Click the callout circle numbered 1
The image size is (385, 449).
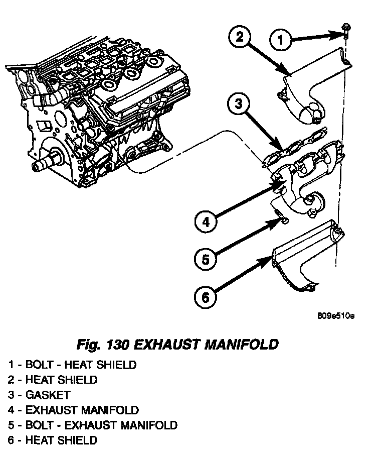(x=281, y=39)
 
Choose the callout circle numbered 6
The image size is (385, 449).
(x=205, y=297)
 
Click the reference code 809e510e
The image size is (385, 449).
(x=335, y=316)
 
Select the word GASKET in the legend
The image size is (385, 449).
(x=48, y=395)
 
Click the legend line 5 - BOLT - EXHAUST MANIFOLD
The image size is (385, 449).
(x=92, y=425)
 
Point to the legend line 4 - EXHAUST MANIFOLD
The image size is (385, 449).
(x=73, y=410)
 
